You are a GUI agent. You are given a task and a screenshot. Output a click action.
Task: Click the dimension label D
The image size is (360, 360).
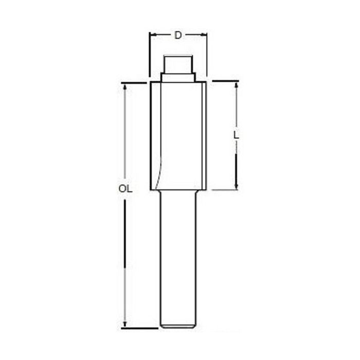(x=178, y=35)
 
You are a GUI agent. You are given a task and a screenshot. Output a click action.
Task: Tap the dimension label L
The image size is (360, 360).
(x=236, y=136)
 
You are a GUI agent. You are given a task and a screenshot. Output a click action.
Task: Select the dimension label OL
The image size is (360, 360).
(x=125, y=189)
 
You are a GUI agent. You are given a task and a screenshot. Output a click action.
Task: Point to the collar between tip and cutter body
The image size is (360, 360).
(x=178, y=77)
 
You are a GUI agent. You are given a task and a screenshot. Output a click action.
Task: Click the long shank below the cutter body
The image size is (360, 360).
(x=178, y=257)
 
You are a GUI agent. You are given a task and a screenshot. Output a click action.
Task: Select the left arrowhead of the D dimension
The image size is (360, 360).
(x=151, y=35)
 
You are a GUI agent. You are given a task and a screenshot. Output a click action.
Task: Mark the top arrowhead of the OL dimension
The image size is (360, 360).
(x=125, y=86)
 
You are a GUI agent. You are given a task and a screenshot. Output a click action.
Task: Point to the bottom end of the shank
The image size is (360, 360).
(x=178, y=327)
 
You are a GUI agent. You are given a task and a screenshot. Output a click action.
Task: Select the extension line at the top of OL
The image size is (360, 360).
(x=135, y=82)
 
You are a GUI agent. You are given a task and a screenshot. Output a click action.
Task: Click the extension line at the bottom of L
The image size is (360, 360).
(x=224, y=190)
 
